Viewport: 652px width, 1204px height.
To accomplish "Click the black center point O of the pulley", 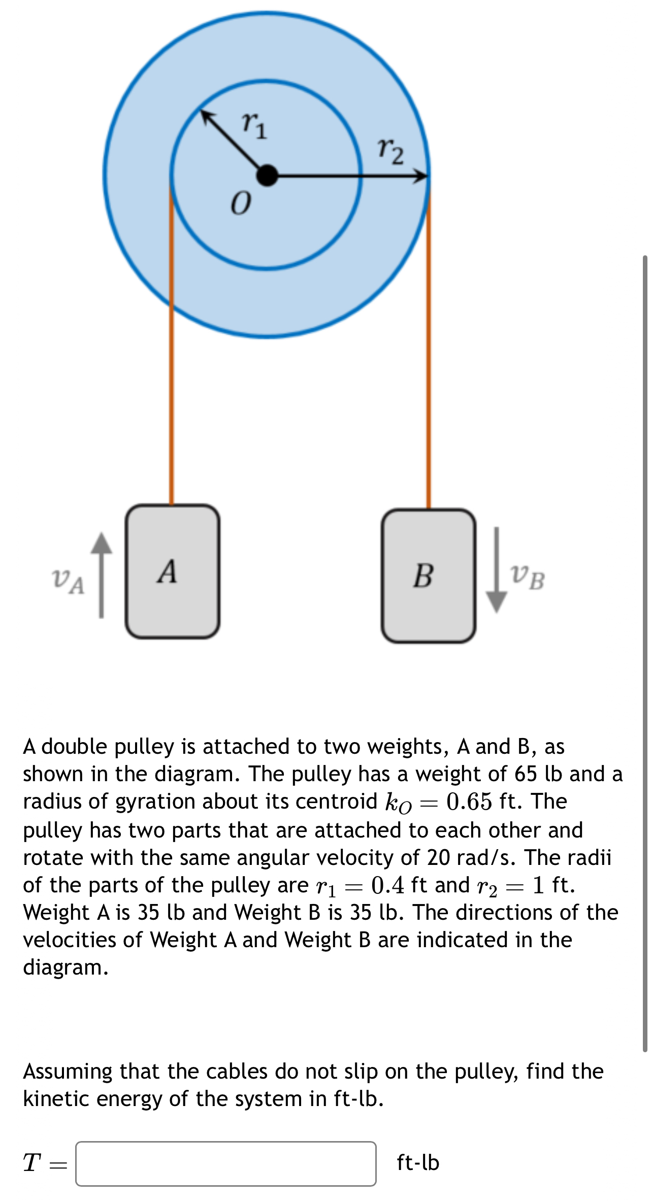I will pos(267,176).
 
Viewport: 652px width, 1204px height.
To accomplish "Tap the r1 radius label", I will pos(254,125).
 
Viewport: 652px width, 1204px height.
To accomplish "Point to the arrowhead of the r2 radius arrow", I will pos(421,176).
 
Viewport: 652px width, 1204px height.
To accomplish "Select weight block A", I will pos(173,572).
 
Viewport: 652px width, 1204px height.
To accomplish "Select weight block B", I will pos(429,576).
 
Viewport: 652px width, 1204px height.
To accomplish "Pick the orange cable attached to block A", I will pos(172,406).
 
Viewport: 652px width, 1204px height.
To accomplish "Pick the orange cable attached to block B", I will pos(429,406).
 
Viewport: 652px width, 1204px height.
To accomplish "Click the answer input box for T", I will pos(226,1163).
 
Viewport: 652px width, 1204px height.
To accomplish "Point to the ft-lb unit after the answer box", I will pos(418,1162).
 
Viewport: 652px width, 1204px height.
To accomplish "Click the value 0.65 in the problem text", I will pos(469,801).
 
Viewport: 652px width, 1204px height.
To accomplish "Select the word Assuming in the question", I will pos(68,1072).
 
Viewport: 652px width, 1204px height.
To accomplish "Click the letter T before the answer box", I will pos(32,1162).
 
